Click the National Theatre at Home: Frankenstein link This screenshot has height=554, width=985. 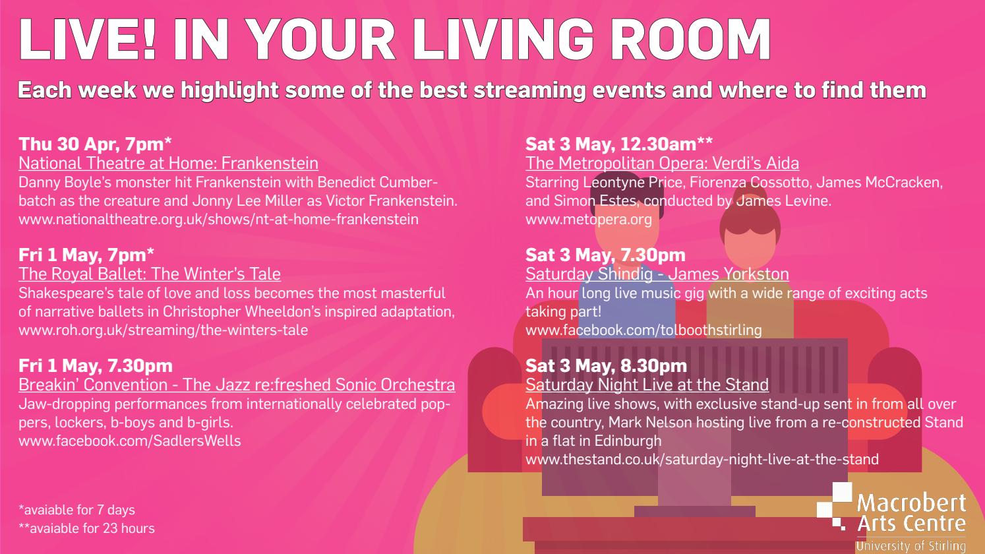[168, 164]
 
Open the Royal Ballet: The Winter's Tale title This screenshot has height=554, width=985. [150, 274]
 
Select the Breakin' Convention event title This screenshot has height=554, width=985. [237, 385]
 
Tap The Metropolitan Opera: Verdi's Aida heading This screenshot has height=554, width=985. [662, 164]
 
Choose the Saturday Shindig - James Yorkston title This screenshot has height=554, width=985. [657, 274]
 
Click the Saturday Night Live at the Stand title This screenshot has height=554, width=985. [647, 385]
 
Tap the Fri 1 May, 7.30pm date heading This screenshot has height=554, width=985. [96, 366]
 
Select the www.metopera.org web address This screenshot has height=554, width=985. [588, 219]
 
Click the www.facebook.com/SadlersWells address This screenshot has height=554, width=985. [130, 441]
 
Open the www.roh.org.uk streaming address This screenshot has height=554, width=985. [163, 330]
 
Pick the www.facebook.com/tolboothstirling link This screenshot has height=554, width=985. [643, 330]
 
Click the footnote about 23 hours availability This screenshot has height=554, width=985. [86, 528]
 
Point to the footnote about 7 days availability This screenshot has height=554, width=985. [76, 510]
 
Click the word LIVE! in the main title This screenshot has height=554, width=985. [88, 39]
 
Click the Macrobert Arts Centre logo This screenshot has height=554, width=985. [891, 518]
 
